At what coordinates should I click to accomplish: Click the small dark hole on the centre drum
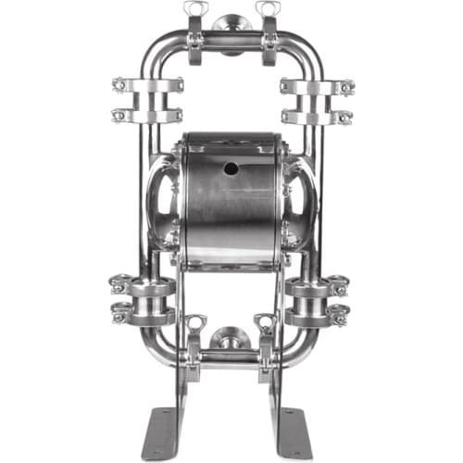[x=230, y=169]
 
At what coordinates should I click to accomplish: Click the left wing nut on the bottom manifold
[x=195, y=323]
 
